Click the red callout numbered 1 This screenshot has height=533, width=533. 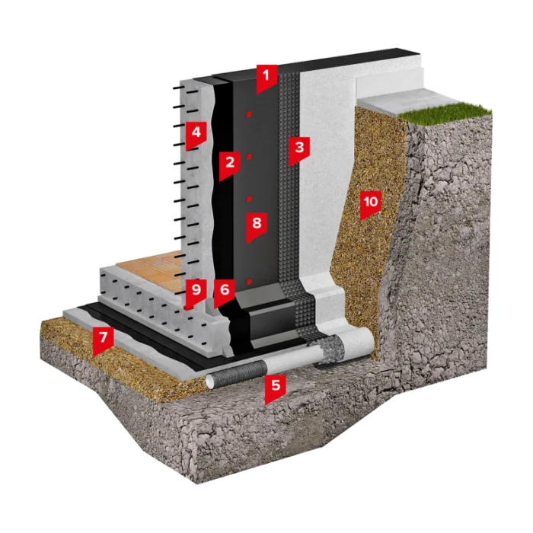pos(266,78)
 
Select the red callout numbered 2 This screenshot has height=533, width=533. pos(230,164)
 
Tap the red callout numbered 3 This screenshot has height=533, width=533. pos(299,149)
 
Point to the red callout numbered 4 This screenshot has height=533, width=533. pos(196,134)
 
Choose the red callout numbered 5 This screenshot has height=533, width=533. pos(276,388)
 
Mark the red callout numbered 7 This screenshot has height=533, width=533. pos(103,340)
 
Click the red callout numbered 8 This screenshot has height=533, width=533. pos(257,226)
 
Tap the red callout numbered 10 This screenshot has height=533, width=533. pos(371,204)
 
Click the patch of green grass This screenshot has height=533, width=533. pos(445,109)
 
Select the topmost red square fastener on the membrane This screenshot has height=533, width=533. pos(249,114)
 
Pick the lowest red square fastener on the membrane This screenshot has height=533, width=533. pos(249,282)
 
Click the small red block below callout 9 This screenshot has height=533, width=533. pos(187,307)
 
